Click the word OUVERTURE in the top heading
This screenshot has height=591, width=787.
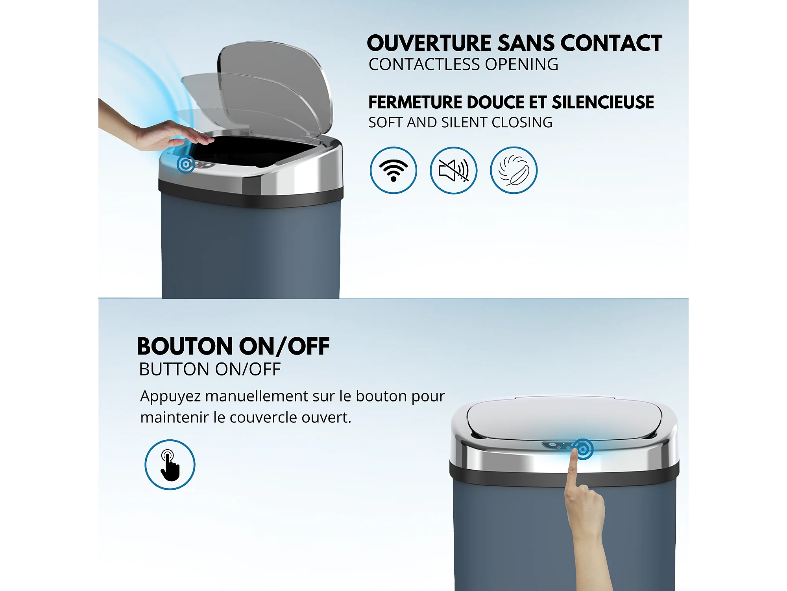pos(429,43)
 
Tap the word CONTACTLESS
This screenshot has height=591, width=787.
pos(425,65)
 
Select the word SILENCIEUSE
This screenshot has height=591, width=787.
pos(603,102)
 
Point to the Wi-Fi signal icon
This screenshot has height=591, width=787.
pos(393,170)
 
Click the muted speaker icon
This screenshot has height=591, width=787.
pos(453,170)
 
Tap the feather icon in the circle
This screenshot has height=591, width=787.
pos(514,170)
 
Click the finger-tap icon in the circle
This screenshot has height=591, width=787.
pos(170,465)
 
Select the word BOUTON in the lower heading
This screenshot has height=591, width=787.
pos(185,346)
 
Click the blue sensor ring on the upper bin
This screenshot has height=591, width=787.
pos(186,164)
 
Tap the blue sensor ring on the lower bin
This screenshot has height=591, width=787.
pos(583,449)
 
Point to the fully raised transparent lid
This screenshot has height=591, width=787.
pos(275,87)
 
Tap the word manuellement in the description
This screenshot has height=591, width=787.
pos(257,396)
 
